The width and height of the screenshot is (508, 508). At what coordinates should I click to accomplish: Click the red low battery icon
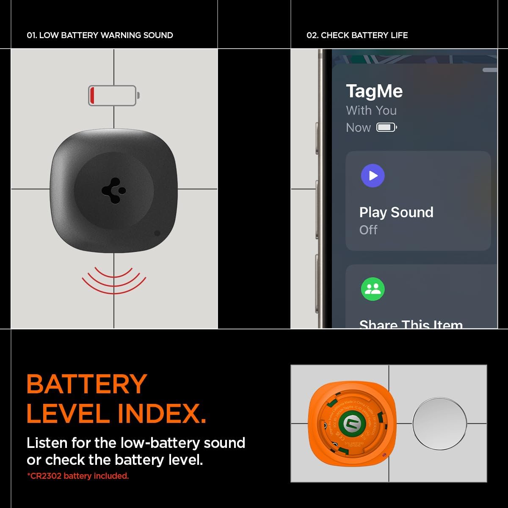pos(113,95)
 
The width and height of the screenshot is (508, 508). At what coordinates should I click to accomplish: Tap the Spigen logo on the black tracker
pos(114,191)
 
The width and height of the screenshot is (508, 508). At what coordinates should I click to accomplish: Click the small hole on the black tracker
pos(157,233)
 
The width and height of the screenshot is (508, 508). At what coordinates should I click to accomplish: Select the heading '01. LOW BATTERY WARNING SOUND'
pos(100,35)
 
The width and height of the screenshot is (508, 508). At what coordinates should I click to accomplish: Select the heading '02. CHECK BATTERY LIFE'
pos(357,35)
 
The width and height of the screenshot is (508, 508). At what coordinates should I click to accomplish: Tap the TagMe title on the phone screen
pos(374,91)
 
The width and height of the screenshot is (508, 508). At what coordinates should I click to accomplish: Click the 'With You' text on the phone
pos(371,110)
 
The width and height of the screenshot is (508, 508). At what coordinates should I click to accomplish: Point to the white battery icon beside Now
pos(387,127)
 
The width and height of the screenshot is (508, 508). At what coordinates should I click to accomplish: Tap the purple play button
pos(373,175)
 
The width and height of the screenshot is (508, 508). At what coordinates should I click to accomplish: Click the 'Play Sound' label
pos(396,212)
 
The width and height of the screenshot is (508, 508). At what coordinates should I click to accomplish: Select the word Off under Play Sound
pos(368,230)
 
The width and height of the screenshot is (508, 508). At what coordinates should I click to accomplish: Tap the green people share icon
pos(373,289)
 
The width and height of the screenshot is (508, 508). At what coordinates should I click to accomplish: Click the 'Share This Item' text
pos(411,324)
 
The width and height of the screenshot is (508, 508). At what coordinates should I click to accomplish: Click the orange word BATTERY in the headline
pos(87,384)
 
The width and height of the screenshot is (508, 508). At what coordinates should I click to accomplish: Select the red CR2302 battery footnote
pos(78,476)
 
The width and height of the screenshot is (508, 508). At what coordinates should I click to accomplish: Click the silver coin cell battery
pos(439,423)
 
